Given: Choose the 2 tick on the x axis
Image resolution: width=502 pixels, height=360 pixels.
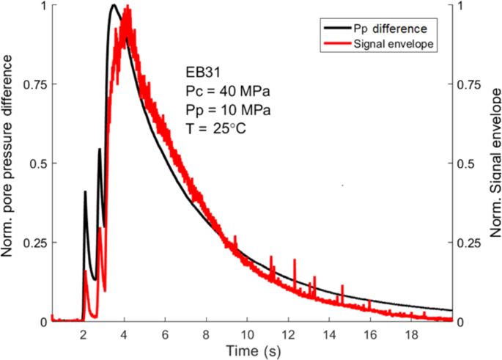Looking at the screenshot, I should (x=84, y=334).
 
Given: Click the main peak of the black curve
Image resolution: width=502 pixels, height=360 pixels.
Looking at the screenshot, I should (x=114, y=6).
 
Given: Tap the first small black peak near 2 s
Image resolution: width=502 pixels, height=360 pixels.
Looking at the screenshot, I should (x=85, y=192).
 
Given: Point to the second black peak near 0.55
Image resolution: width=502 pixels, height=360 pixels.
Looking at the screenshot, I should (x=100, y=150).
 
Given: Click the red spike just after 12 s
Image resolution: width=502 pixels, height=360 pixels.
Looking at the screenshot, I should (x=295, y=260).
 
